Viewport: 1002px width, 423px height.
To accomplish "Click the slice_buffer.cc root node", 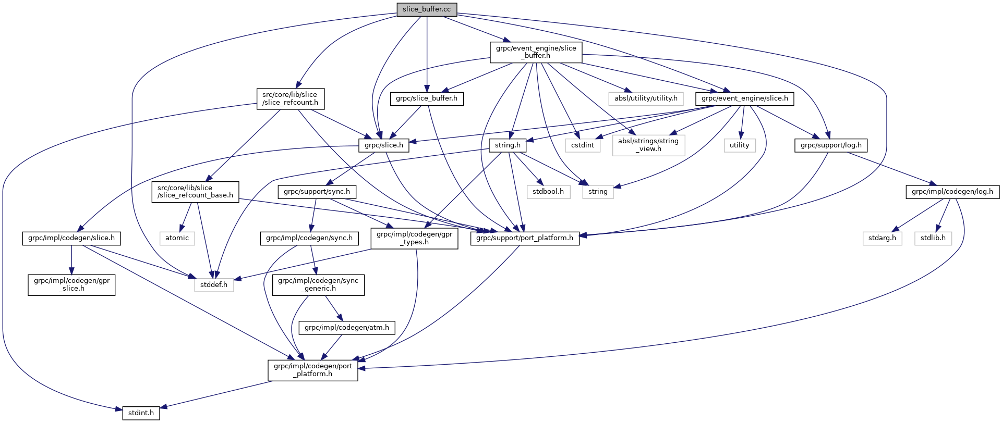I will [427, 9].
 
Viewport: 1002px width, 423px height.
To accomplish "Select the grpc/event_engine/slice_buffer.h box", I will [536, 52].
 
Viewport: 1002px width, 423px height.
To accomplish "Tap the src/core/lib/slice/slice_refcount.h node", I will [290, 98].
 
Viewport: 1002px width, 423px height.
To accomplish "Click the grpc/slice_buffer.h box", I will [427, 98].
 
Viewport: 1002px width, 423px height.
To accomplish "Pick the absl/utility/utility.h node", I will [646, 98].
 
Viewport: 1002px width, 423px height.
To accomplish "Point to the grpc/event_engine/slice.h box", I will [744, 98].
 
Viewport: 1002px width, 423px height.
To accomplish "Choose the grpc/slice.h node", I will [384, 145].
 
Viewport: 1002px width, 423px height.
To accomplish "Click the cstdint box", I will [583, 145].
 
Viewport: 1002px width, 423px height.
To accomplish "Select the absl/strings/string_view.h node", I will [648, 145].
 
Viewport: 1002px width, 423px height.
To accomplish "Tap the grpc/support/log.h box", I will [831, 145].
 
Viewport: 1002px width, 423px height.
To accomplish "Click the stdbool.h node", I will [548, 192].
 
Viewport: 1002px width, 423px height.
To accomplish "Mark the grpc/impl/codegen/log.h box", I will [952, 192].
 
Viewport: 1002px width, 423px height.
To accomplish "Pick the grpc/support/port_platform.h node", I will [525, 238].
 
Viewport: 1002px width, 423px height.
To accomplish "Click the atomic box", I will [177, 238].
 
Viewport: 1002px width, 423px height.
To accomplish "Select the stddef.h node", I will [214, 285].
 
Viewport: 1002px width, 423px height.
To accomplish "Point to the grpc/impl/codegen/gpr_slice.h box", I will [71, 284].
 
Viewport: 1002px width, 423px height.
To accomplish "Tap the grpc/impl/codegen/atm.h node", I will [347, 328].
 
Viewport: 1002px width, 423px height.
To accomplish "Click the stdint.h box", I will [141, 413].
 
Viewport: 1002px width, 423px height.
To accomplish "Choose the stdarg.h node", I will [882, 238].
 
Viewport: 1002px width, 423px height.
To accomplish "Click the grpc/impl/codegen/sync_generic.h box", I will [318, 284].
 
